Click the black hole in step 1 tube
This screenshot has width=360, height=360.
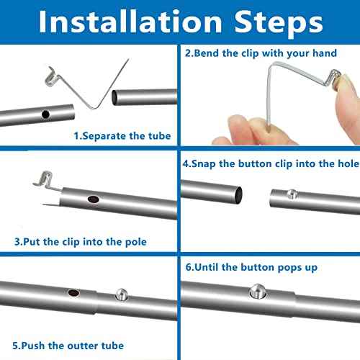click(x=45, y=114)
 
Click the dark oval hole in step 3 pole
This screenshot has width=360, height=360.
click(x=93, y=199)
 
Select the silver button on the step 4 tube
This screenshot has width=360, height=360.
click(x=289, y=192)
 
